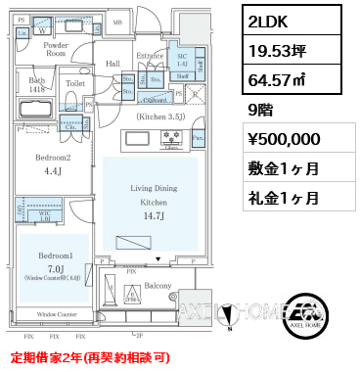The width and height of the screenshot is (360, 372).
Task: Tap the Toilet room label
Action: (x=75, y=84)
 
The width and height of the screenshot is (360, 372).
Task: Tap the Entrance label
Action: (x=150, y=56)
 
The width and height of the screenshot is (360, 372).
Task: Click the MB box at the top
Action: (x=117, y=22)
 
